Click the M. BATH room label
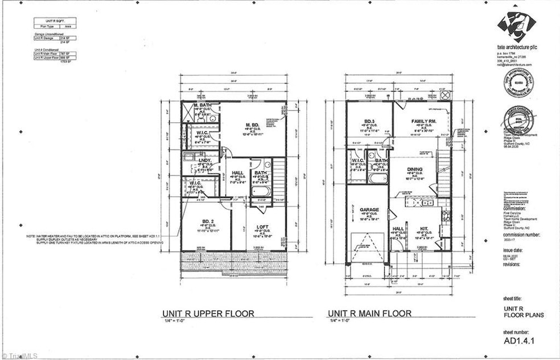[203, 106]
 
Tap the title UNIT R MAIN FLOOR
[372, 313]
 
